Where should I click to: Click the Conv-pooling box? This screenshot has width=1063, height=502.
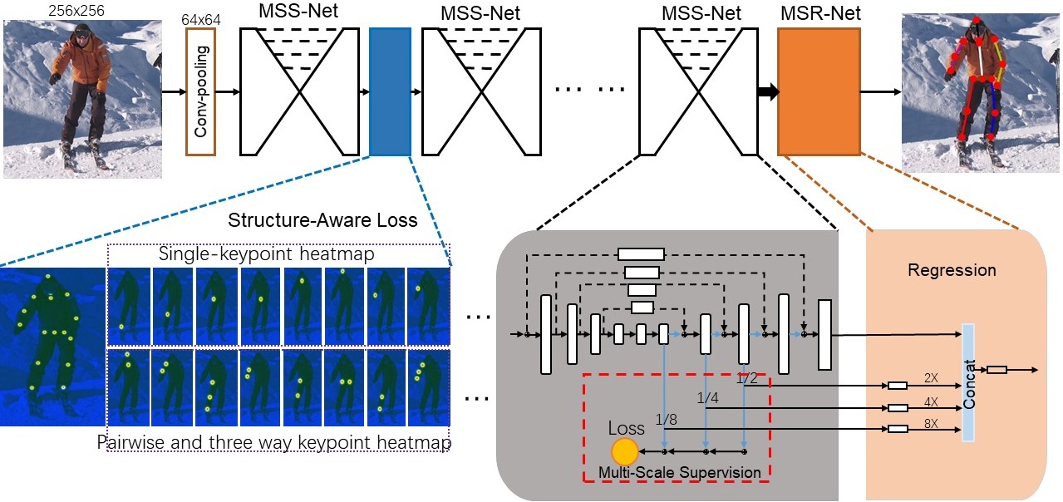[x=200, y=91]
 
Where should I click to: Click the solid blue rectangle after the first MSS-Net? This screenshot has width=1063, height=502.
[x=389, y=91]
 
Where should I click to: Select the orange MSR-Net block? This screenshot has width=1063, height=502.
[x=819, y=91]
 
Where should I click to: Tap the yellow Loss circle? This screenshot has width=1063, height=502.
[x=624, y=451]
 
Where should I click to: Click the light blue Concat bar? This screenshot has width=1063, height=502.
[x=968, y=382]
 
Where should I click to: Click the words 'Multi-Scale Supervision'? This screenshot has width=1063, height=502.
[x=681, y=472]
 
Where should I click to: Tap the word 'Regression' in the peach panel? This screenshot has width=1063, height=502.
[x=952, y=270]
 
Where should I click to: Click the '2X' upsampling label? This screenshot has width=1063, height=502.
[x=930, y=377]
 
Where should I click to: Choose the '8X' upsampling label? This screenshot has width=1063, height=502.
[x=930, y=422]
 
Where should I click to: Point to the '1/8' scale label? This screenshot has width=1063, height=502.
[x=667, y=419]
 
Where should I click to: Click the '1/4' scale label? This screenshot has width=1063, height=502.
[x=707, y=399]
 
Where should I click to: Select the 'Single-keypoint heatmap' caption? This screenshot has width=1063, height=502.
[x=278, y=253]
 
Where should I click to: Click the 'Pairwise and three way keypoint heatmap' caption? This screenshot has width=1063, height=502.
[x=274, y=442]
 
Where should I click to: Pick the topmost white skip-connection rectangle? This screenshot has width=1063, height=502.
[x=641, y=254]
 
